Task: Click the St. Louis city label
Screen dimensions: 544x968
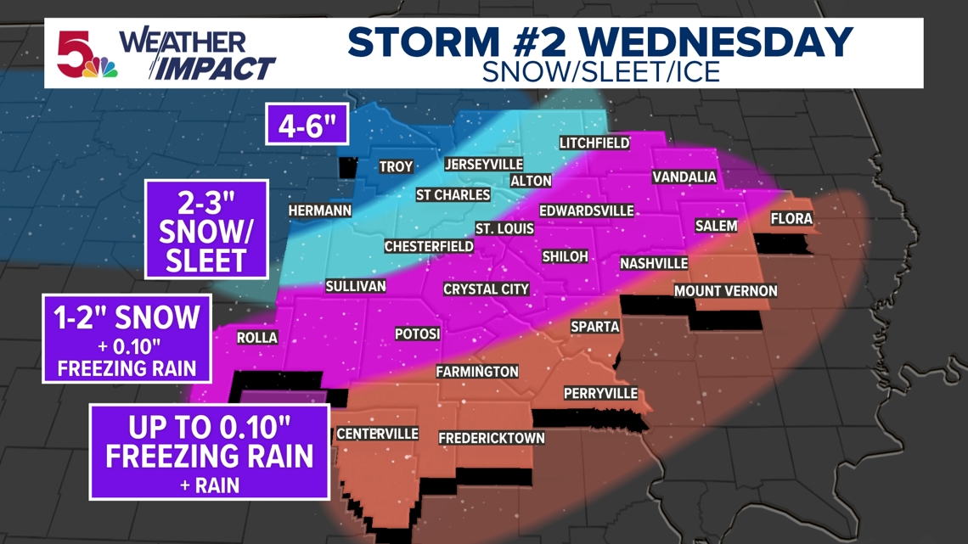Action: click(504, 228)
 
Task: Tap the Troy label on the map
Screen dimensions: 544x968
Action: click(396, 167)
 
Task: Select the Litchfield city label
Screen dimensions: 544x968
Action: click(594, 143)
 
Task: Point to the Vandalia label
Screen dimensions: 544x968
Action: click(684, 177)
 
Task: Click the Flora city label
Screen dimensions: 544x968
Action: click(791, 219)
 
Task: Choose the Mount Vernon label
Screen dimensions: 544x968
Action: click(725, 291)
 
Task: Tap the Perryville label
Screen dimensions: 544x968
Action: click(600, 394)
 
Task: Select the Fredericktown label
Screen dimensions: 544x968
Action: click(491, 438)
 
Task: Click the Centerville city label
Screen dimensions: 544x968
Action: click(377, 434)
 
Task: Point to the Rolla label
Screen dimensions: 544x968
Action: click(257, 337)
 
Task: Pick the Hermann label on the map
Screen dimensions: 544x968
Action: click(319, 210)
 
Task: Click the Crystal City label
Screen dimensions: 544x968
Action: click(487, 289)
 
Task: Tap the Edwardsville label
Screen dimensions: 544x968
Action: click(587, 210)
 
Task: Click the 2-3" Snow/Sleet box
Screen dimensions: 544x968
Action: click(206, 229)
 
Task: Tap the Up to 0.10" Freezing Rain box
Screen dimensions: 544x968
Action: click(209, 451)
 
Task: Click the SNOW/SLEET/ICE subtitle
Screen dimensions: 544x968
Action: click(600, 71)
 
